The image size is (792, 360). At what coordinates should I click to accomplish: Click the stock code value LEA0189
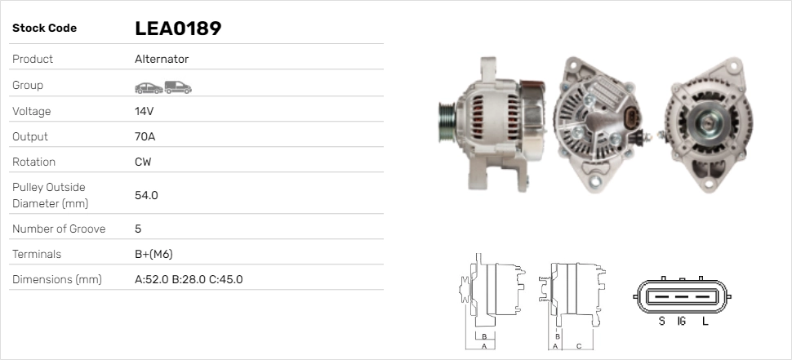[178, 29]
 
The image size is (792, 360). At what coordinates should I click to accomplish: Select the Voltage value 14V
[144, 111]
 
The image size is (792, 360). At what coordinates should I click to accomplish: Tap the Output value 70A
[145, 136]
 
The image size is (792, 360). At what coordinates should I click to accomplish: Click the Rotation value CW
[143, 162]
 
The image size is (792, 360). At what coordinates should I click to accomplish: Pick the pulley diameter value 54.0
[146, 195]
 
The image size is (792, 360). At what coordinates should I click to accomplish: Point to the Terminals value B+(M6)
[154, 254]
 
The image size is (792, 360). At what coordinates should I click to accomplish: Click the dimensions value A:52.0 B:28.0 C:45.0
[189, 279]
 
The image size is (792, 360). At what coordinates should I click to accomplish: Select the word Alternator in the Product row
[162, 59]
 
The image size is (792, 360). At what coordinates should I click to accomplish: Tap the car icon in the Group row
[149, 88]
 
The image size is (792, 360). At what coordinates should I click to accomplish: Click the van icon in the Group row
[178, 87]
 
